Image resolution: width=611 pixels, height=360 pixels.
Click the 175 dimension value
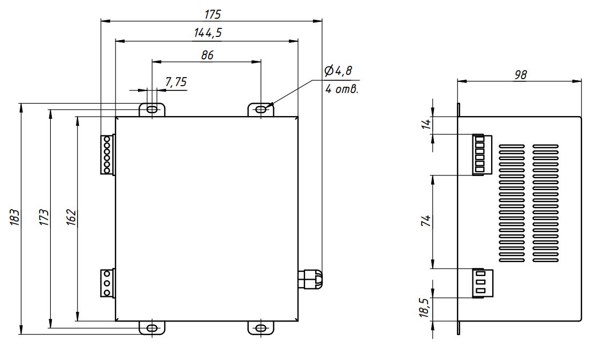[x=212, y=13]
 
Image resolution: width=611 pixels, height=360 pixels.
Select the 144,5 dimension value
[x=208, y=33]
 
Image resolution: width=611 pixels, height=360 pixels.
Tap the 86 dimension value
[x=207, y=55]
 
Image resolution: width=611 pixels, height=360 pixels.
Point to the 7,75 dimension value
[x=175, y=82]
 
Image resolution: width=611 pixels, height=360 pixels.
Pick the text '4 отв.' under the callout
[x=341, y=89]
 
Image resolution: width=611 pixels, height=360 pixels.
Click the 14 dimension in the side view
[x=426, y=125]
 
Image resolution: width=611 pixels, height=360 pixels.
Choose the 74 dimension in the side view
[x=426, y=221]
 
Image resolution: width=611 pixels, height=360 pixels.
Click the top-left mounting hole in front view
[x=152, y=110]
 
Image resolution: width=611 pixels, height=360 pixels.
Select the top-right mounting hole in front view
[x=261, y=110]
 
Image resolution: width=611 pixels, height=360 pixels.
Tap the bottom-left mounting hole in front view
[x=152, y=327]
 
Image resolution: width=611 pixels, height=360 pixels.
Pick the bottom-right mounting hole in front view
[x=261, y=327]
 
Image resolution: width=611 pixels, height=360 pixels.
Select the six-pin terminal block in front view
[x=107, y=155]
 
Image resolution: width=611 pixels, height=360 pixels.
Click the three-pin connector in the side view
[x=478, y=282]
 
